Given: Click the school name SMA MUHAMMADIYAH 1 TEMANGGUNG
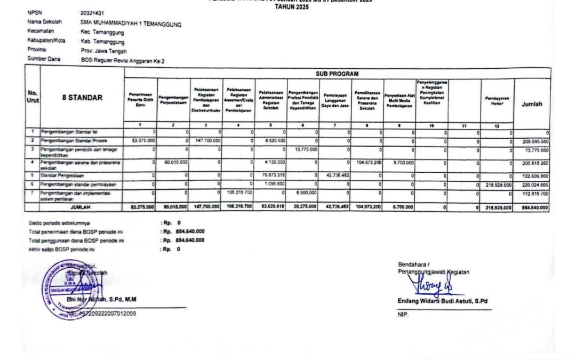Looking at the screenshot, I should pyautogui.click(x=131, y=24).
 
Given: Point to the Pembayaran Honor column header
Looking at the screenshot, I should pyautogui.click(x=497, y=101).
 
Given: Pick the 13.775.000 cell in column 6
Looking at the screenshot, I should pyautogui.click(x=305, y=150).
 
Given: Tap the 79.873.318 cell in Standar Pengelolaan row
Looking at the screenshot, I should pyautogui.click(x=271, y=174).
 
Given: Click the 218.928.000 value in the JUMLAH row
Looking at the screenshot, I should pyautogui.click(x=498, y=207).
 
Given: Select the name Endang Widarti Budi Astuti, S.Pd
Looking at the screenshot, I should pyautogui.click(x=443, y=301).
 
